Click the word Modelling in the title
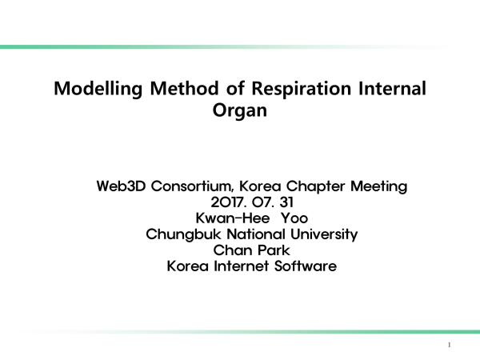[98, 90]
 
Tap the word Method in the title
[184, 88]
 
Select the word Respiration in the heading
[302, 90]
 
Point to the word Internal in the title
[392, 88]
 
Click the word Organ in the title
[240, 111]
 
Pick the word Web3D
[121, 186]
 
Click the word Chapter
[316, 186]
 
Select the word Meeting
[379, 186]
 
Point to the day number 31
[286, 202]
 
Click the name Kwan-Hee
[233, 218]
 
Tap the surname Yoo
[294, 218]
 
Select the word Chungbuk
[183, 234]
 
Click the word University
[324, 234]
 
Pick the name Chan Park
[252, 250]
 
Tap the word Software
[306, 266]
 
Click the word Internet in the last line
[242, 266]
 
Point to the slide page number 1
[449, 345]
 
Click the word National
[256, 234]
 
